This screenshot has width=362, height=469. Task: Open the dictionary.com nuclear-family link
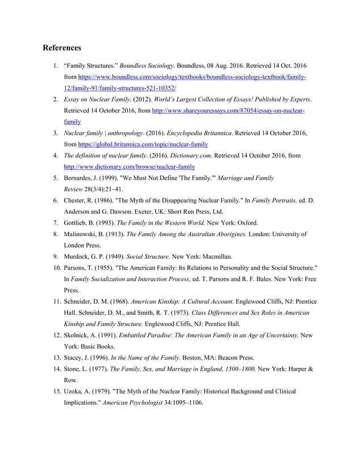pyautogui.click(x=131, y=167)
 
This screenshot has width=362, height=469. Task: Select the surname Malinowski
pyautogui.click(x=85, y=233)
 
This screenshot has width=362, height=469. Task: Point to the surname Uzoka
pyautogui.click(x=75, y=392)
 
